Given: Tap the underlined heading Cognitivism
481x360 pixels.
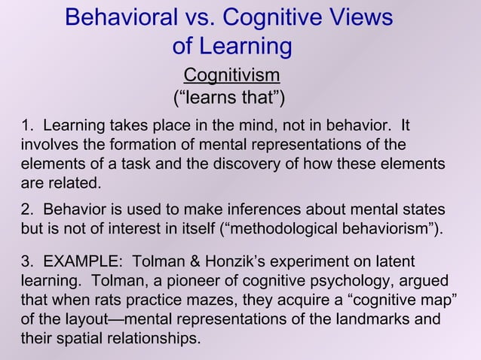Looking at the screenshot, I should coord(232,75).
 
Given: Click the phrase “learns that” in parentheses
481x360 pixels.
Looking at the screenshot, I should coord(229,99).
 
